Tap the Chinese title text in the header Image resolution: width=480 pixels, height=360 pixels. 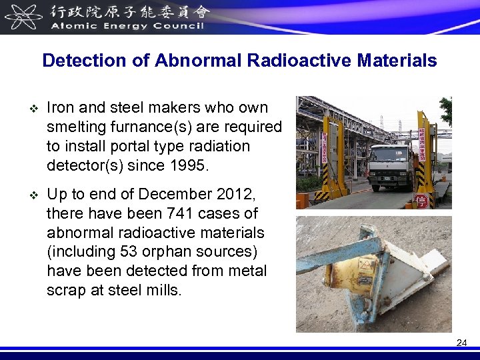pos(130,11)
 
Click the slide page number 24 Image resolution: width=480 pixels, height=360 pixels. pos(461,343)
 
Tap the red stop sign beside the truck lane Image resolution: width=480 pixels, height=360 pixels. pos(421,201)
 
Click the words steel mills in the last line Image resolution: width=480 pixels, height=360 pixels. pos(144,291)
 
